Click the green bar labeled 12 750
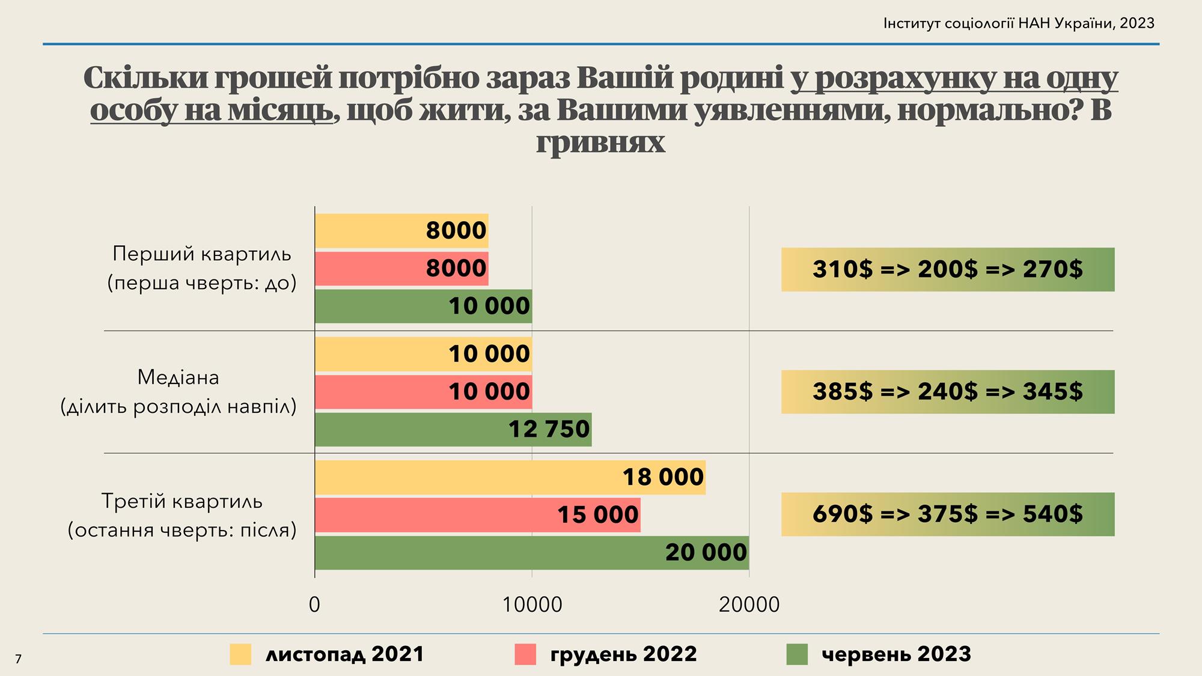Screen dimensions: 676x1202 click(x=453, y=429)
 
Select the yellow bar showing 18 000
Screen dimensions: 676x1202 click(x=510, y=477)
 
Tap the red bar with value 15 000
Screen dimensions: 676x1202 click(x=478, y=515)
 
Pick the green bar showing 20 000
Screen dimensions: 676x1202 click(x=532, y=552)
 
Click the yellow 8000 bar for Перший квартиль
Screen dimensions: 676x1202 click(x=401, y=231)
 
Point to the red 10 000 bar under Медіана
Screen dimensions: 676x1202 click(x=423, y=392)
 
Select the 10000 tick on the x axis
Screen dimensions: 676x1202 click(x=532, y=604)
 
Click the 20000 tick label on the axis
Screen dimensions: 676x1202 click(x=749, y=604)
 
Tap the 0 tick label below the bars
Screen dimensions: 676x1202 click(x=314, y=604)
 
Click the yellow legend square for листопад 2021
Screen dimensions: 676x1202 click(x=240, y=654)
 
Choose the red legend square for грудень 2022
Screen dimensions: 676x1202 click(x=525, y=654)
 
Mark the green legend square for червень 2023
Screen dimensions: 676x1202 click(x=797, y=654)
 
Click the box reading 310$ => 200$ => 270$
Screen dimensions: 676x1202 click(x=948, y=269)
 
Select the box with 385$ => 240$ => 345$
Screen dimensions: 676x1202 click(x=948, y=392)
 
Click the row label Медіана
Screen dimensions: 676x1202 click(x=178, y=378)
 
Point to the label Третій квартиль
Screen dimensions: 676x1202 click(x=182, y=501)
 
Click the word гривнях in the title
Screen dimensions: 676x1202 click(x=600, y=142)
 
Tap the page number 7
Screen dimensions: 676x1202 click(x=18, y=659)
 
